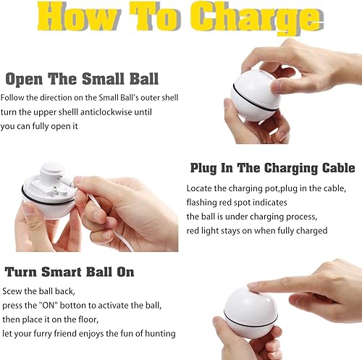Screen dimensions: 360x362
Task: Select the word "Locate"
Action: tap(199, 188)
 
